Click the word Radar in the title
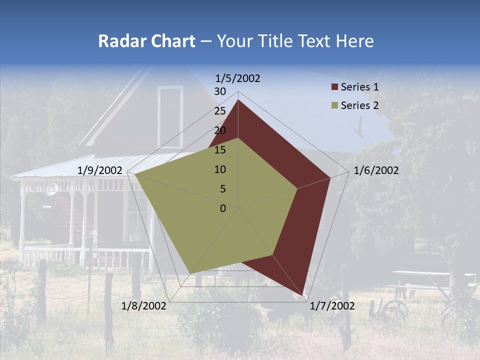[x=119, y=41]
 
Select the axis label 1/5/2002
[x=238, y=78]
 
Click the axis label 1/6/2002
[x=376, y=170]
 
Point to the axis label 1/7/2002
[x=332, y=306]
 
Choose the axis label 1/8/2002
[x=143, y=306]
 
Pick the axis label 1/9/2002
[x=100, y=170]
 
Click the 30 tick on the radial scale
[x=220, y=91]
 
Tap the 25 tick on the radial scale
[x=220, y=111]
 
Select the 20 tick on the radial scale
[x=220, y=130]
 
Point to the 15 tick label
[x=220, y=150]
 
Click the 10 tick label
[x=220, y=169]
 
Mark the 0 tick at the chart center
[x=223, y=208]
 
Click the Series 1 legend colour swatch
[x=334, y=87]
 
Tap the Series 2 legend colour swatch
[x=334, y=105]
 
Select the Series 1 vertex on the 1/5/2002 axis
[x=238, y=99]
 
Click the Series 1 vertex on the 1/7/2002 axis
[x=303, y=295]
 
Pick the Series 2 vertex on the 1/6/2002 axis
[x=297, y=188]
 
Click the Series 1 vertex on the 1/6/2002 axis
[x=330, y=177]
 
